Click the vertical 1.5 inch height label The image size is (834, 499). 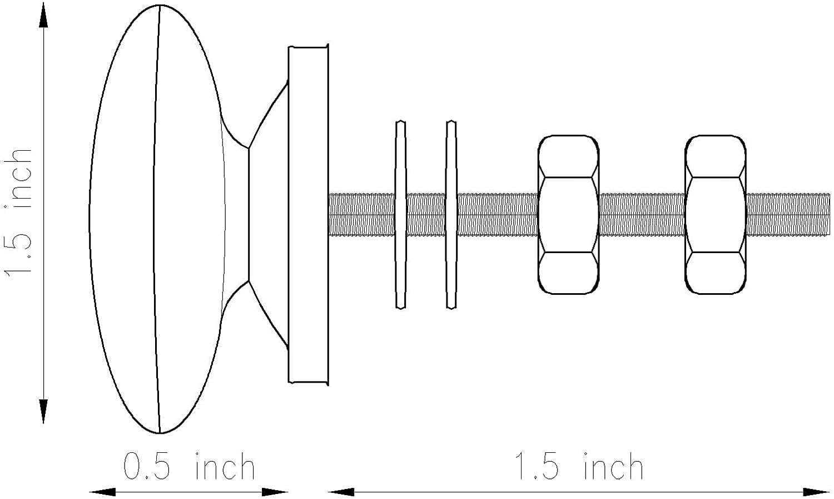[x=18, y=212]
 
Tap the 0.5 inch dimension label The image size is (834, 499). [x=189, y=466]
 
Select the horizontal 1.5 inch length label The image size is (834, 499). [x=579, y=466]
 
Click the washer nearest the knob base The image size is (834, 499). [x=401, y=215]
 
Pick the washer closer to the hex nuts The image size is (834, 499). [x=451, y=215]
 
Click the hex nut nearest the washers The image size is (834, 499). [x=569, y=215]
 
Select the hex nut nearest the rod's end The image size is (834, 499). [x=716, y=215]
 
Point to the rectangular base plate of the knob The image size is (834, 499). [x=309, y=215]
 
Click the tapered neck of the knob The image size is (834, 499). [x=257, y=215]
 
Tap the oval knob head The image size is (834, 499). [x=157, y=219]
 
